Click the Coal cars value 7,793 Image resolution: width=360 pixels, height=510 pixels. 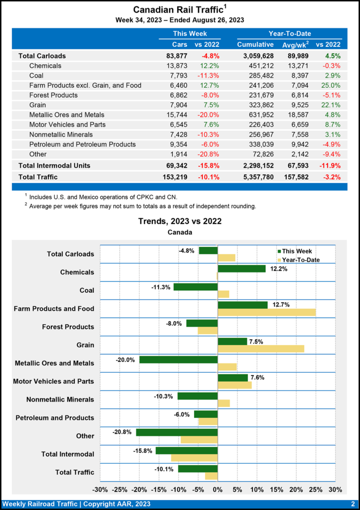pos(177,76)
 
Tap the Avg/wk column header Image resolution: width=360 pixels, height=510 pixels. pos(296,45)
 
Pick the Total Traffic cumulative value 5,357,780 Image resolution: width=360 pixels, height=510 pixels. pos(255,176)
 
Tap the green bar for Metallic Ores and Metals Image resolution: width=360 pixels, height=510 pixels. pos(178,360)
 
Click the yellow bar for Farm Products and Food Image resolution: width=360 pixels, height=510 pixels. pos(266,312)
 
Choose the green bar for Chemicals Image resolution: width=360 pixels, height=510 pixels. pos(241,268)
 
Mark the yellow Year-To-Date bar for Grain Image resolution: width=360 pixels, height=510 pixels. pos(260,349)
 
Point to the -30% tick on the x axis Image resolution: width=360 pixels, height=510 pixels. pos(101,490)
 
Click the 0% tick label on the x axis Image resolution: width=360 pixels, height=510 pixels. pos(218,490)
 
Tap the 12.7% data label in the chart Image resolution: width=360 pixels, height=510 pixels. pos(280,305)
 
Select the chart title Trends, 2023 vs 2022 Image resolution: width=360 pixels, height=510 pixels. pos(180,221)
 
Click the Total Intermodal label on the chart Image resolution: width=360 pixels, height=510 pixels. pos(67,454)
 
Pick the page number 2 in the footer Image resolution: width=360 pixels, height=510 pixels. pos(353,504)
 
